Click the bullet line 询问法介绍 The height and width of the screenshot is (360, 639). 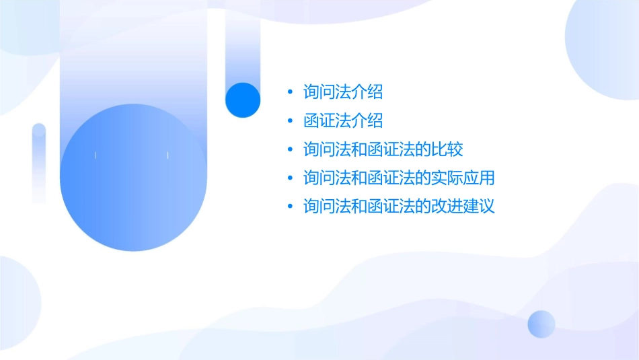343,92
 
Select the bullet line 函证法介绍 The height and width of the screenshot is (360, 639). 343,120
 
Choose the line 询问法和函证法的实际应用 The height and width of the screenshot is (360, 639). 399,178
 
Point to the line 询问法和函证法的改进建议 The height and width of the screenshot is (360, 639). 399,206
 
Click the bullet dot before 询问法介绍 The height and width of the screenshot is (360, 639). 290,92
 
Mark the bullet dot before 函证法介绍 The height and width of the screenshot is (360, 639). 290,121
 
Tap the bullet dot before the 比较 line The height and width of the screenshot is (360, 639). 290,149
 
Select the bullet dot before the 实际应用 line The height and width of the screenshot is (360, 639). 290,178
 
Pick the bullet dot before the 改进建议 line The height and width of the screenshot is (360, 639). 290,207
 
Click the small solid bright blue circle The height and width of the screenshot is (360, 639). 242,100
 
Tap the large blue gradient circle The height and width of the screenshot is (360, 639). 132,178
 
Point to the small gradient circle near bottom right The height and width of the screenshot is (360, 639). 541,324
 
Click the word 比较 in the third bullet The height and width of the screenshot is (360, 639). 448,149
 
